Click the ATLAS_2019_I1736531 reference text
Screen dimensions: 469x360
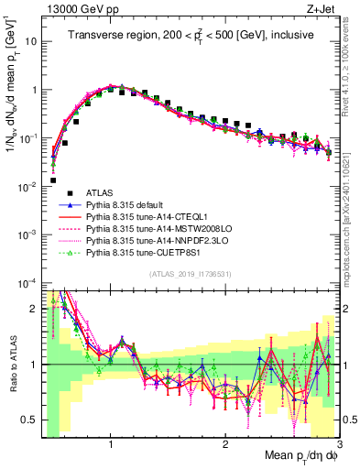190,274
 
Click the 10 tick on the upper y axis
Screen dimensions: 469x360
30,42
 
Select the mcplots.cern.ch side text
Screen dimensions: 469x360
351,211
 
